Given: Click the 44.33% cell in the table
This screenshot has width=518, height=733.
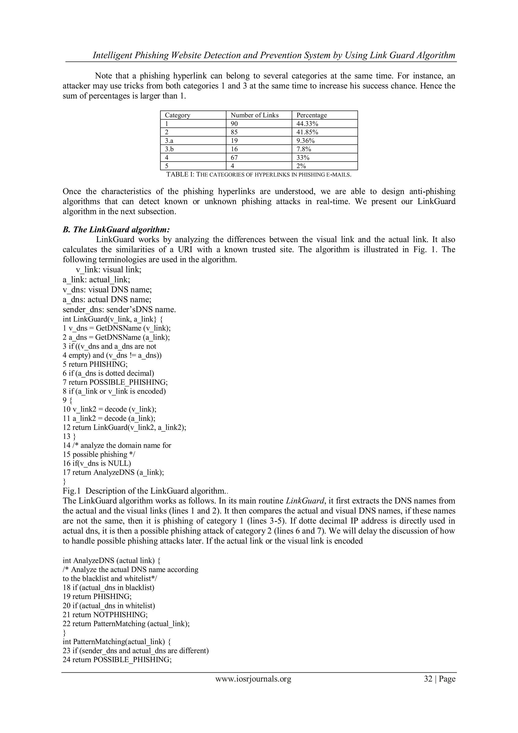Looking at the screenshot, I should (307, 124).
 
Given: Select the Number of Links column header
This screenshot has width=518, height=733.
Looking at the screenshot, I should (254, 115).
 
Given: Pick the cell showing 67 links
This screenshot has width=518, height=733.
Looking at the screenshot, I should (234, 158).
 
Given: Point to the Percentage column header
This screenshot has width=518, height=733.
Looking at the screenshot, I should (311, 115).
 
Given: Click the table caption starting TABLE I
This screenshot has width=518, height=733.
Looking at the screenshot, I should (259, 175).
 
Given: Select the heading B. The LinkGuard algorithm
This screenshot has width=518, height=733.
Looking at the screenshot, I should (116, 230).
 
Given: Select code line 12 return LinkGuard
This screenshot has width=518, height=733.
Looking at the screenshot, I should (124, 427).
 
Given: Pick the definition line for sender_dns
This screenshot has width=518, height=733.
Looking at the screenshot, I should (119, 310).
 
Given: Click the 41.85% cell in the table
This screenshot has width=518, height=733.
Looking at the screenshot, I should (307, 132).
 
